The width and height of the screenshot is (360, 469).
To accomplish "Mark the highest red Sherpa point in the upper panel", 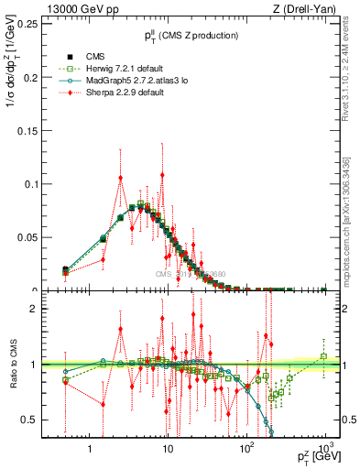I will pyautogui.click(x=121, y=179).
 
